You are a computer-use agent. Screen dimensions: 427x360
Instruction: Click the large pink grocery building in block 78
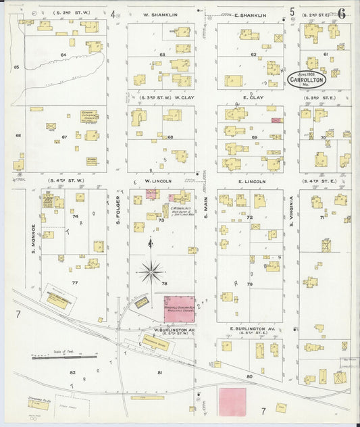[x=179, y=309]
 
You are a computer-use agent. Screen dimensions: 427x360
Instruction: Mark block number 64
[x=64, y=54]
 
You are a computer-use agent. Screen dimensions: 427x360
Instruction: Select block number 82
[x=72, y=372]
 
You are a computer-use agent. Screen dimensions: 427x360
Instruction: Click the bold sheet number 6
[x=342, y=13]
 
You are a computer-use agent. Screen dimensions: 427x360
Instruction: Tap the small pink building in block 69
[x=276, y=120]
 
